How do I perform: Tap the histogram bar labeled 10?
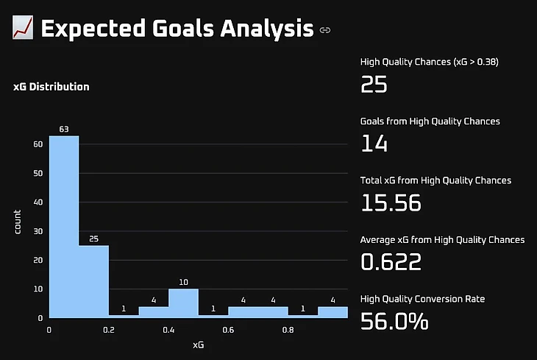pos(183,303)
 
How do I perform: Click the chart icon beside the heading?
pos(23,29)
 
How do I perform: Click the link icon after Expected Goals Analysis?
pos(325,30)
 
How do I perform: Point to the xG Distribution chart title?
pos(51,87)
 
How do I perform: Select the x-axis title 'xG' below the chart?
pos(198,344)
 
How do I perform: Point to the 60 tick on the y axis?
pos(38,144)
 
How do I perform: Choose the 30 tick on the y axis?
pos(38,231)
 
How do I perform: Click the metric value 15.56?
pos(391,202)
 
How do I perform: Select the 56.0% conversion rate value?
pos(394,321)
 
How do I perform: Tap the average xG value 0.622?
pos(392,261)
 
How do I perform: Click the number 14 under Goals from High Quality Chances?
pos(374,143)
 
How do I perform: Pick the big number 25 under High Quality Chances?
pos(374,84)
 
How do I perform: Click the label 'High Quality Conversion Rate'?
pos(422,299)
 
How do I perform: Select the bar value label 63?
pos(64,130)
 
